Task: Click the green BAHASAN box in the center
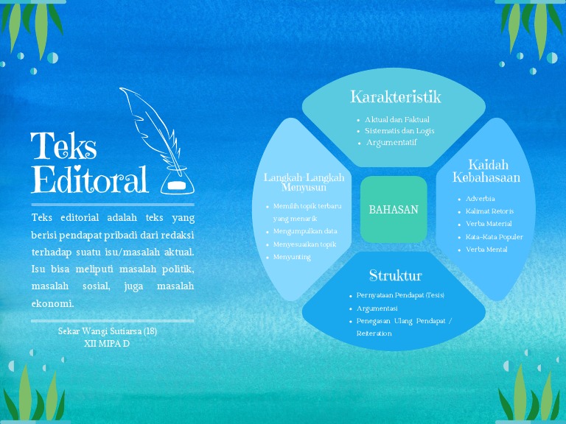click(394, 210)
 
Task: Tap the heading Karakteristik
click(395, 96)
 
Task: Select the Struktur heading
click(395, 276)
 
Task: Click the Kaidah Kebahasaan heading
click(486, 171)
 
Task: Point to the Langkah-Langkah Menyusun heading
click(304, 182)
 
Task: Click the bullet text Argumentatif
click(391, 143)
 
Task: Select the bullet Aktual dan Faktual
click(397, 119)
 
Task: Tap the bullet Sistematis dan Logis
click(399, 131)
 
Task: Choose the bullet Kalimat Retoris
click(489, 211)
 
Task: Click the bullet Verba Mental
click(486, 250)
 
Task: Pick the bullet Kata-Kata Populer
click(494, 237)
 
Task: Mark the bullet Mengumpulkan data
click(305, 231)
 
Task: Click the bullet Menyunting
click(292, 257)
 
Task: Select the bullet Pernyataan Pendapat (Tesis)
click(400, 295)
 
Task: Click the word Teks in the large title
click(63, 147)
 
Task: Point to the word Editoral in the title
click(89, 180)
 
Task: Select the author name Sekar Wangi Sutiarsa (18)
click(108, 331)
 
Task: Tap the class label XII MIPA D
click(107, 343)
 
